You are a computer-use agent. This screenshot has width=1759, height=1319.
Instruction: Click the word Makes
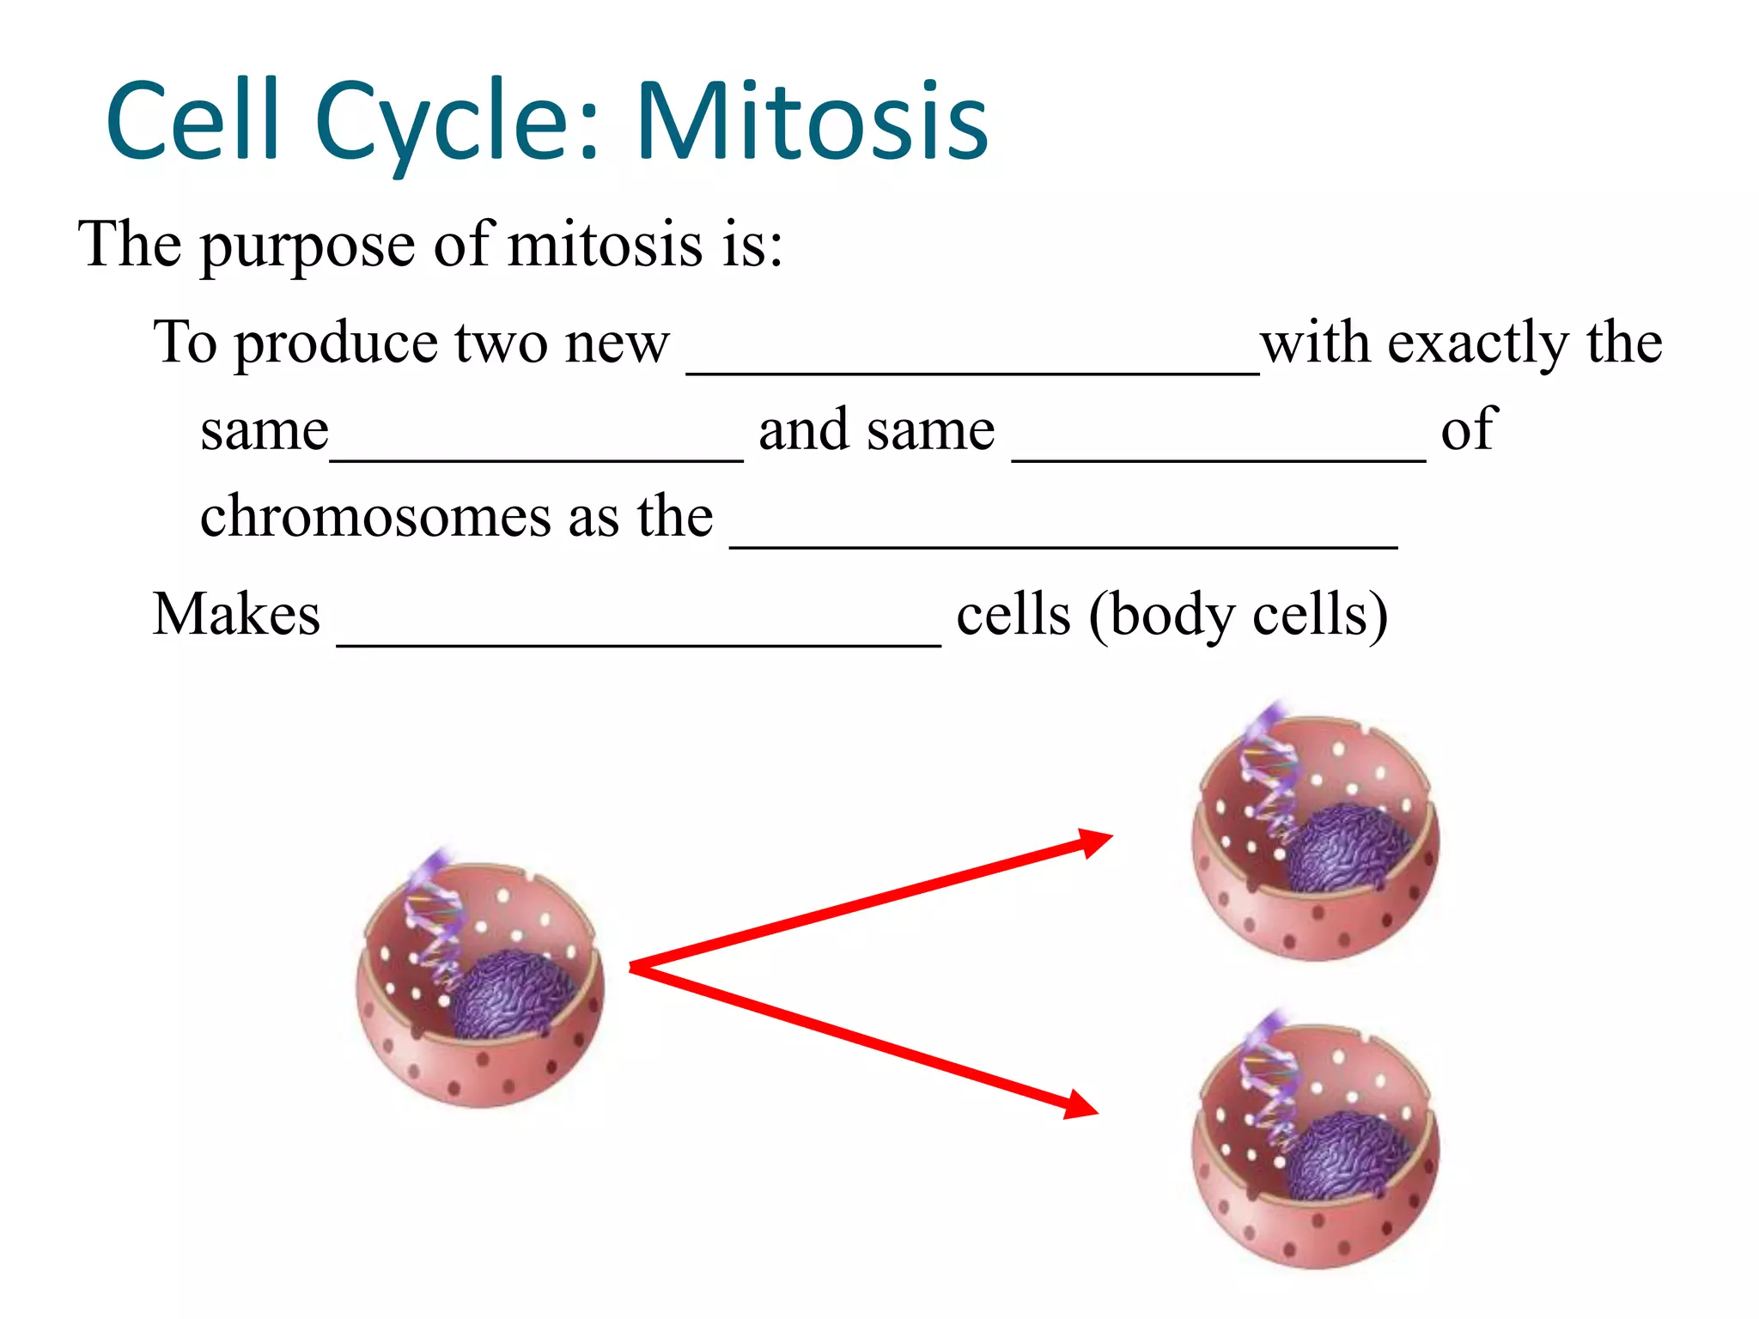click(x=236, y=615)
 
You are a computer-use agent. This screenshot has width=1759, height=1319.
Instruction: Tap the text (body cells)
click(x=1238, y=615)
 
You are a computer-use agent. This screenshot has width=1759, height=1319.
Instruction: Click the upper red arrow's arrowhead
click(x=1095, y=842)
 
